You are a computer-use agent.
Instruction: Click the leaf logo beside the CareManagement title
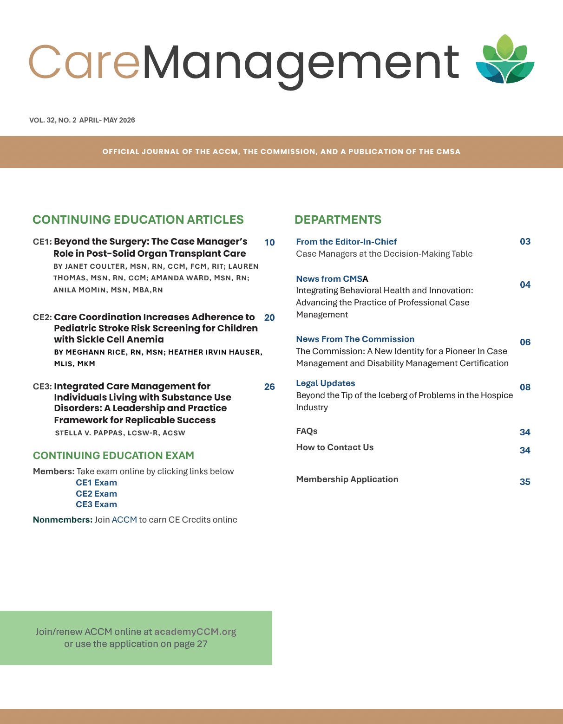pos(505,59)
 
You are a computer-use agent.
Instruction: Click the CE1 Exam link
pos(96,483)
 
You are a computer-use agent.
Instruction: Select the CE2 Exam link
pos(96,494)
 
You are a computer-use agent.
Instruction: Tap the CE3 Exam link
pos(96,504)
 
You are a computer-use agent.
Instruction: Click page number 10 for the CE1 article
pos(269,242)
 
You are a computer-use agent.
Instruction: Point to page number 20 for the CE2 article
pos(269,317)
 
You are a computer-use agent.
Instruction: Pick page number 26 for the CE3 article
pos(269,387)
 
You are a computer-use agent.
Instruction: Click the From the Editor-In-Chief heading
pos(346,242)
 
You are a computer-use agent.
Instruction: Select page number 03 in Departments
pos(525,241)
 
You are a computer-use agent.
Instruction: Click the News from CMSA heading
pos(332,279)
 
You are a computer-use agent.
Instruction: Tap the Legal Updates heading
pos(325,383)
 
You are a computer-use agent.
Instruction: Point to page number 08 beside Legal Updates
pos(525,387)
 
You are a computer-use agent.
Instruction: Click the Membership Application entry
pos(347,479)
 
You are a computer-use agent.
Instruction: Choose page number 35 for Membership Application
pos(525,482)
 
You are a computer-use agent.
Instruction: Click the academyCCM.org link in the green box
pos(195,632)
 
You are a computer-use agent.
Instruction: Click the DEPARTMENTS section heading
pos(338,220)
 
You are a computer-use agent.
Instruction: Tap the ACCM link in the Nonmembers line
pos(124,520)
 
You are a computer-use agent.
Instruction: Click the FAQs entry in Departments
pos(307,431)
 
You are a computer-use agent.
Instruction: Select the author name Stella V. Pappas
pos(89,433)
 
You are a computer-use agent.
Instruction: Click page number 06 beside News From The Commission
pos(525,342)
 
